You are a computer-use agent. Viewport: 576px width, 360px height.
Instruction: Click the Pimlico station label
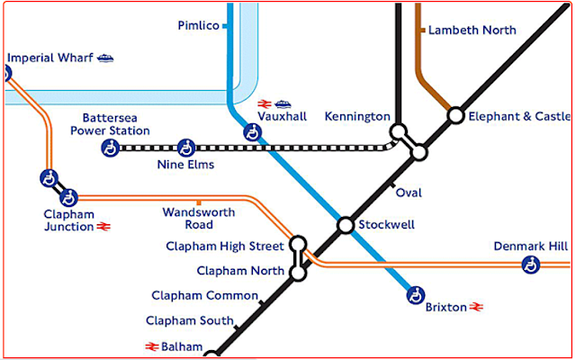point(198,26)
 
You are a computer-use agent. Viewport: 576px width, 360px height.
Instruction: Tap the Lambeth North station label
point(472,30)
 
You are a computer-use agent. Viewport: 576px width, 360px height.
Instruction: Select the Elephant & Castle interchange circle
point(456,116)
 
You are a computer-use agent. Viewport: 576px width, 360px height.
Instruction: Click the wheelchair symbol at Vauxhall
point(252,132)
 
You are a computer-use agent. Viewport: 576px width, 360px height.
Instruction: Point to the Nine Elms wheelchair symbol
point(186,148)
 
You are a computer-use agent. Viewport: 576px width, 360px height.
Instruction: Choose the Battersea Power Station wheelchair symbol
point(110,148)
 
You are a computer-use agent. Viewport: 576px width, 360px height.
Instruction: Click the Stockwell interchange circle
point(346,225)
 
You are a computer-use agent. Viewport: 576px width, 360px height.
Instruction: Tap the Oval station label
point(409,193)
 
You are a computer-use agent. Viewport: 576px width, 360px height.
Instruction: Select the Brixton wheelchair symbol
point(416,295)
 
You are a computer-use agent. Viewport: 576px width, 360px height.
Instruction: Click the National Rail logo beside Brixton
point(476,306)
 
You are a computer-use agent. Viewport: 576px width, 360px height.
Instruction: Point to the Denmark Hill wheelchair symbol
point(531,265)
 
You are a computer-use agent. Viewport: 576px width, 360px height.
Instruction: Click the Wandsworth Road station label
point(199,218)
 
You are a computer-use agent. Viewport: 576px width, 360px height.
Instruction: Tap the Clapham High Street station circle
point(298,244)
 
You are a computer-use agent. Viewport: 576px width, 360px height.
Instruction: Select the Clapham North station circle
point(298,273)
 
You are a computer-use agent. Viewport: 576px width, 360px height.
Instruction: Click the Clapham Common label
point(204,295)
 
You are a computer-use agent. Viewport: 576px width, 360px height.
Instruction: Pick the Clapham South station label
point(190,320)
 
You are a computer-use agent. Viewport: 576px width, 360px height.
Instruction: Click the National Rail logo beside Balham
point(152,346)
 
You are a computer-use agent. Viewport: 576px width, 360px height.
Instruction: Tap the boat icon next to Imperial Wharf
point(105,58)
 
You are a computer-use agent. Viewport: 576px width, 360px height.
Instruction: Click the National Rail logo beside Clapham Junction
point(103,227)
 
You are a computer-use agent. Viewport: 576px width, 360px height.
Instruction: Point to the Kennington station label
point(357,116)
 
